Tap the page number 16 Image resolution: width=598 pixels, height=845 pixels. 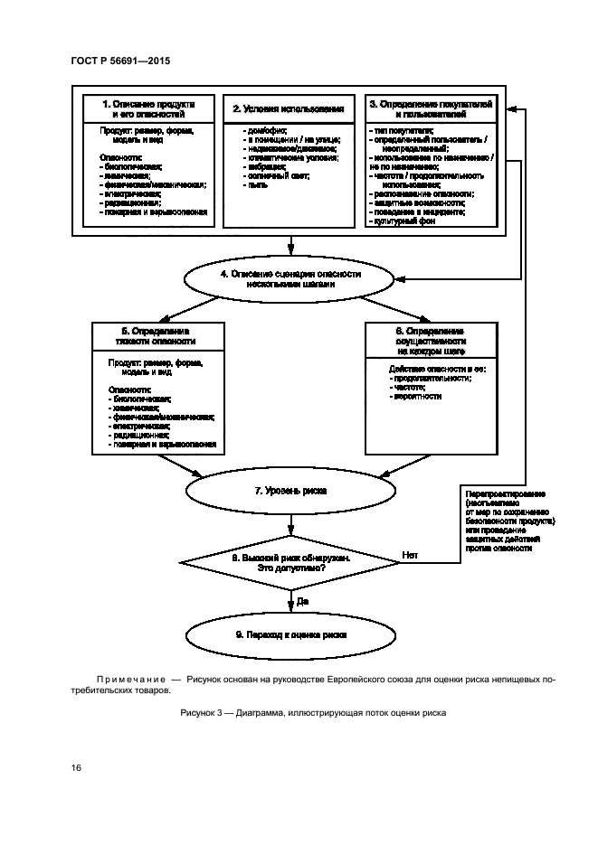tap(76, 767)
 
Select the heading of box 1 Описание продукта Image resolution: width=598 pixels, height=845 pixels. tap(147, 110)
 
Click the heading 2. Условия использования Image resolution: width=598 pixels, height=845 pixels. tap(290, 110)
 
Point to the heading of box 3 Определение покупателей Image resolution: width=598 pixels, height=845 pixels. tap(430, 110)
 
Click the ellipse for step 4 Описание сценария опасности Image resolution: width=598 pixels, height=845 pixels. tap(290, 277)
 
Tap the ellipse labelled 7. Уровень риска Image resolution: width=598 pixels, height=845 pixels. tap(290, 491)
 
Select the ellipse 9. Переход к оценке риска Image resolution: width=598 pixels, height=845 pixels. tap(290, 634)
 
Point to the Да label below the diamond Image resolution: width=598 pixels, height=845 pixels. tap(302, 600)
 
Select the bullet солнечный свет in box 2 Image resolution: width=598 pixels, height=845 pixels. tap(277, 176)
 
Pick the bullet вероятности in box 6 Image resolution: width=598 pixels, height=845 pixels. tap(415, 396)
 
